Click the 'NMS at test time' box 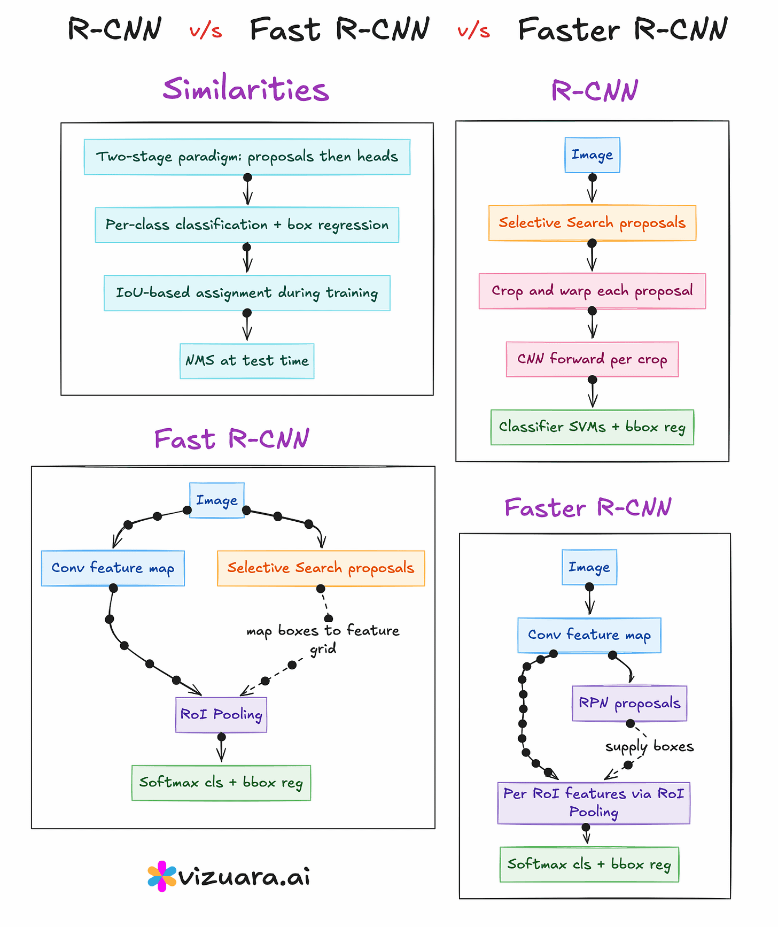[247, 361]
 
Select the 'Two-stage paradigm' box [247, 157]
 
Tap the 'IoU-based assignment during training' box [247, 293]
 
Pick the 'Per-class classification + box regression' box [247, 225]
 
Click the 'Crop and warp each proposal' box [592, 291]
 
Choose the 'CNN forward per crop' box [592, 359]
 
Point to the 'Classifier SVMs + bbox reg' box [592, 427]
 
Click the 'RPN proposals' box [629, 703]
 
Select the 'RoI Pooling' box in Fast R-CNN [221, 715]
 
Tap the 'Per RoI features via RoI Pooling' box [594, 803]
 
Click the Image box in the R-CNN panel [592, 155]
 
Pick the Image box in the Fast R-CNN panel [217, 500]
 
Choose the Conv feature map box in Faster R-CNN [589, 635]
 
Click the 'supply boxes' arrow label [649, 746]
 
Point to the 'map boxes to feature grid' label [323, 639]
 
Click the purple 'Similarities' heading [246, 89]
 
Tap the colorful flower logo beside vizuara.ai [161, 877]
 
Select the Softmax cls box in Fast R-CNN [221, 783]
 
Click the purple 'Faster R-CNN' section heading [588, 507]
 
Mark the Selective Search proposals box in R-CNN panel [592, 223]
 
